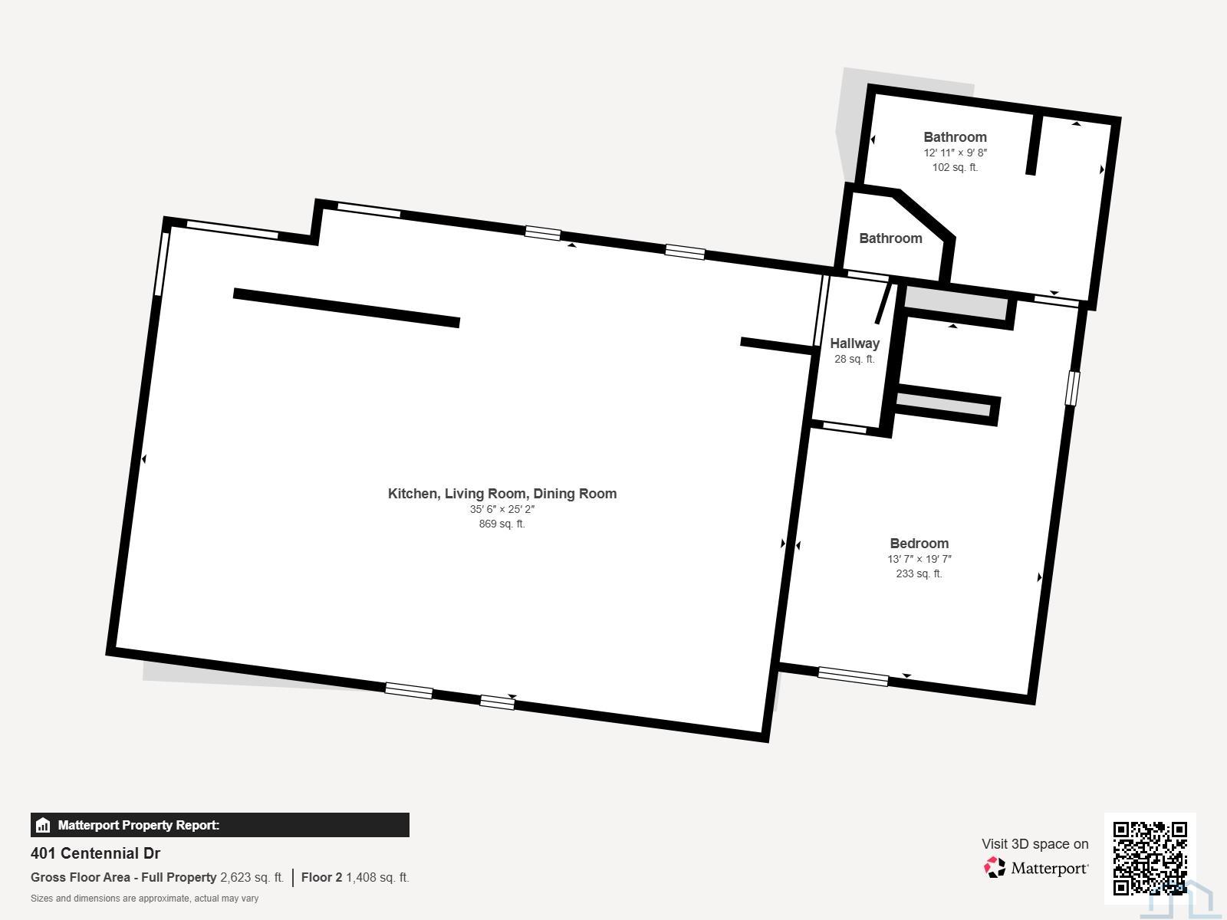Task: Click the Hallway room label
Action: pos(854,343)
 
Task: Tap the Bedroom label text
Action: pos(919,543)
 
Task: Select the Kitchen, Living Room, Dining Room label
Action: pos(502,494)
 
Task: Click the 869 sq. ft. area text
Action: pos(502,524)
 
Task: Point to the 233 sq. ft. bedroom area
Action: pos(919,573)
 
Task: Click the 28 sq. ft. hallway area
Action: pos(854,359)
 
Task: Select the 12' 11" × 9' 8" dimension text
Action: pos(956,153)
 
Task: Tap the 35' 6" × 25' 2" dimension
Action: pos(502,509)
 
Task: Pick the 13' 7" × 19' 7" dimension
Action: pos(919,559)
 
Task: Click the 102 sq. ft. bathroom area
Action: pos(956,168)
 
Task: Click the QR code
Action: pos(1150,858)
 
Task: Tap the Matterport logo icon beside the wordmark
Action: pos(995,868)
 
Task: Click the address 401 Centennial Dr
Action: pos(96,853)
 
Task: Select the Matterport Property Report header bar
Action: pos(219,825)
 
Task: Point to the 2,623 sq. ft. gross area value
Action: pos(252,878)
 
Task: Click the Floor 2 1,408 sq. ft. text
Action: pos(355,878)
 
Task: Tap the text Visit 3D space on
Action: pos(1035,844)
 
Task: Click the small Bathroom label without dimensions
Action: pos(890,238)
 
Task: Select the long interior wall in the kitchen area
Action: pos(347,307)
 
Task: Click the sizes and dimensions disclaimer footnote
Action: pos(145,899)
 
